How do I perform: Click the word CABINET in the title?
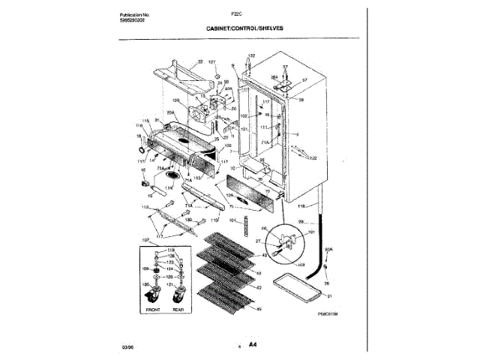click(x=222, y=28)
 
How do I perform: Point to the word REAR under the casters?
click(x=179, y=308)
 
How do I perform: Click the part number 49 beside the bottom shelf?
click(x=259, y=309)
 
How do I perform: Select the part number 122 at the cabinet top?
click(x=251, y=56)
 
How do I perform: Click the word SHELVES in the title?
click(x=268, y=28)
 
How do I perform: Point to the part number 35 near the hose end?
click(x=326, y=283)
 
